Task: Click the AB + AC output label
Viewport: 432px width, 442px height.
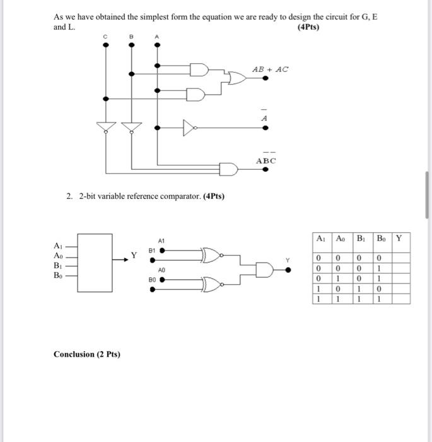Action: pyautogui.click(x=270, y=69)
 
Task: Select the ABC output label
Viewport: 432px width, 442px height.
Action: pyautogui.click(x=266, y=161)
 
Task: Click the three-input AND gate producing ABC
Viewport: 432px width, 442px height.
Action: pyautogui.click(x=228, y=169)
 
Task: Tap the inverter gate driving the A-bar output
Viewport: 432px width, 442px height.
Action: pyautogui.click(x=188, y=128)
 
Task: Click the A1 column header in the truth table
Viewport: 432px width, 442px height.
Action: pyautogui.click(x=321, y=239)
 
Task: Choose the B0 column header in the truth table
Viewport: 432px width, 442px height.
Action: pyautogui.click(x=381, y=239)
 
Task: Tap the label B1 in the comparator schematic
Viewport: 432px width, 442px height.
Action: pyautogui.click(x=152, y=250)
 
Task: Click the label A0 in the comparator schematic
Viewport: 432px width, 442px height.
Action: pyautogui.click(x=161, y=270)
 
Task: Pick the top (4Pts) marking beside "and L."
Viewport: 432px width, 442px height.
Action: pyautogui.click(x=308, y=27)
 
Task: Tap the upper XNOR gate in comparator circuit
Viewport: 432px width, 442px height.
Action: pyautogui.click(x=211, y=254)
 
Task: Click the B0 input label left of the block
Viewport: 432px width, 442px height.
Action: pyautogui.click(x=58, y=275)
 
